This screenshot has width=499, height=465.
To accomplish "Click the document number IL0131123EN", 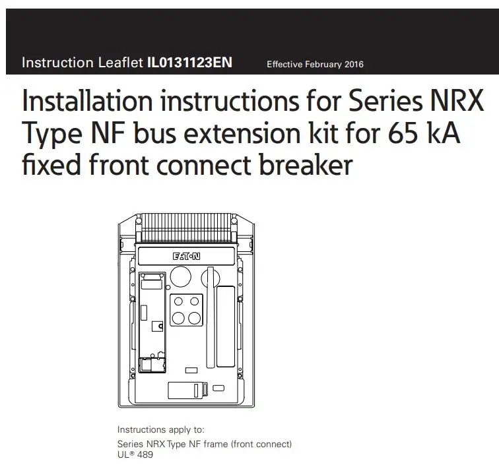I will coord(190,63).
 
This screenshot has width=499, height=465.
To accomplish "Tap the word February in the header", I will coord(321,65).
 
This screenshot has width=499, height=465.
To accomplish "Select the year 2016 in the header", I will coord(353,65).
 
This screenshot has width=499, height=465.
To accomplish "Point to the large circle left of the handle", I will coord(180,277).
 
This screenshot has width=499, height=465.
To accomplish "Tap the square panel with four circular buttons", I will coord(186,310).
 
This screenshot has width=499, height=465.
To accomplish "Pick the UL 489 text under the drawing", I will coord(135,454).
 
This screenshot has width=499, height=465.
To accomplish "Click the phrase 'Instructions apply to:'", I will coord(160,429).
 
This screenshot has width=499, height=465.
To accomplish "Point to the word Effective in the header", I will coord(284,65).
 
